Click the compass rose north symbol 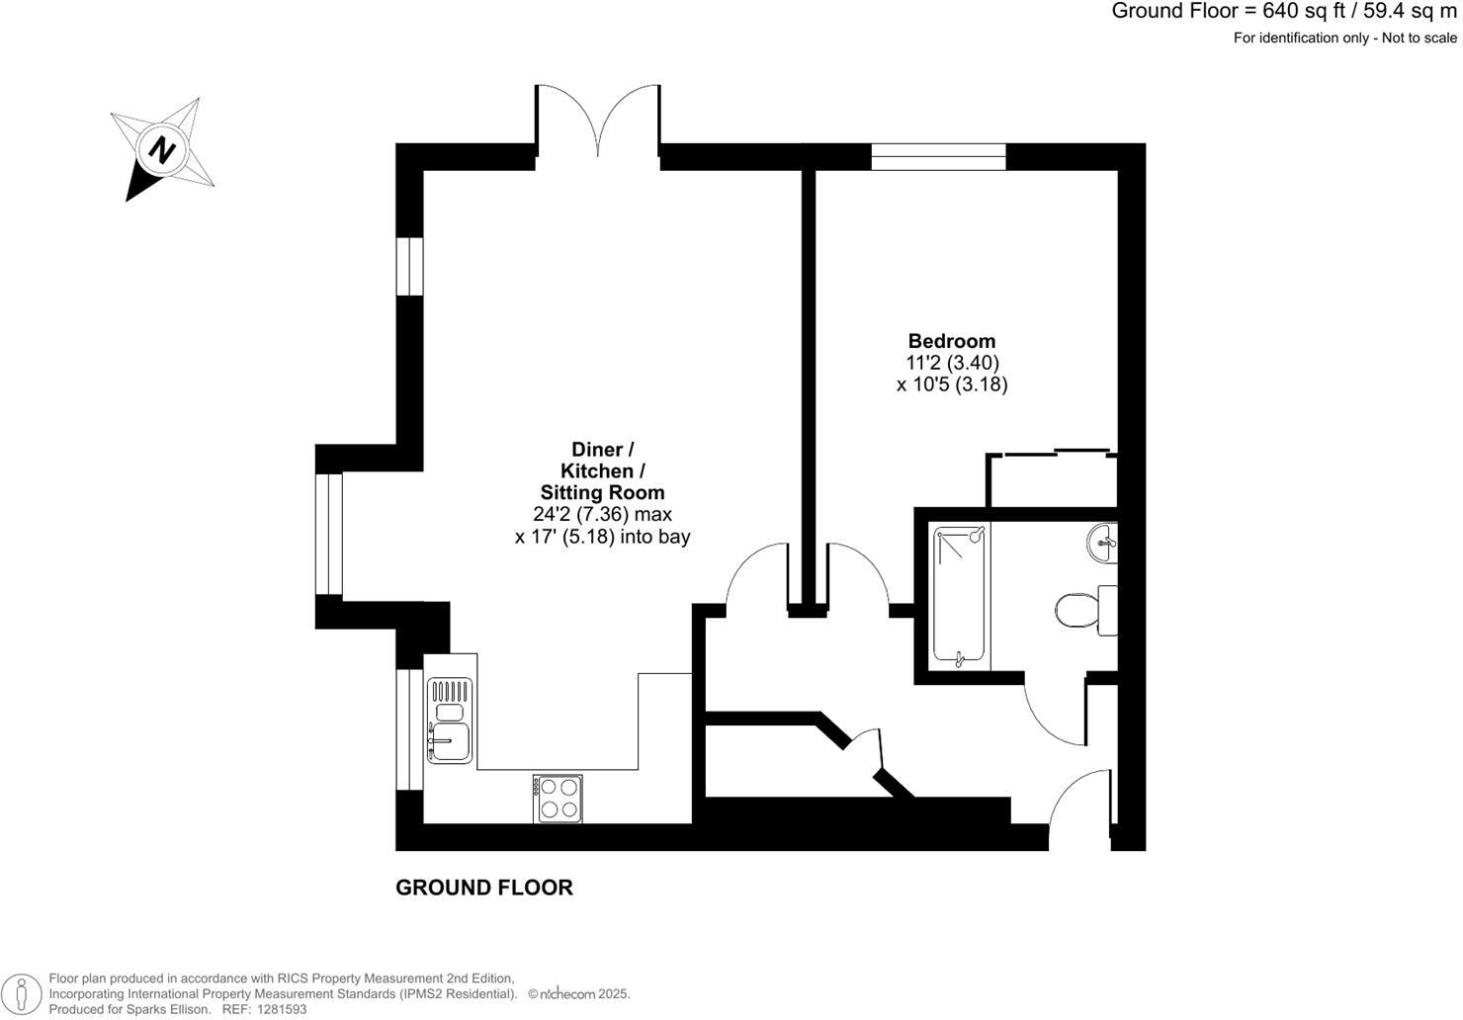tap(162, 150)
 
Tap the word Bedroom tap(951, 342)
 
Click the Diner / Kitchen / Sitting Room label tap(602, 470)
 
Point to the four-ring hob tap(558, 798)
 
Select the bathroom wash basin tap(1103, 541)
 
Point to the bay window tap(329, 535)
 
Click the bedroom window tap(938, 156)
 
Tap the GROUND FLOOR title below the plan tap(484, 888)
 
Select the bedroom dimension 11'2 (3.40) tap(951, 364)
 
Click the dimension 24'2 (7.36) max tap(602, 514)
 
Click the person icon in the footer tap(23, 992)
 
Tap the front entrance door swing tap(1080, 806)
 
